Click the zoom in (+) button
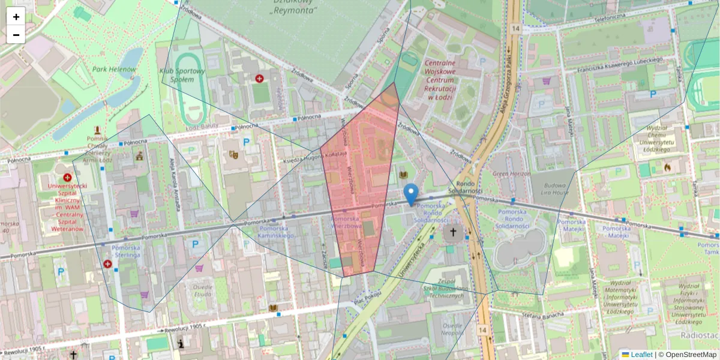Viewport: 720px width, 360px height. [16, 16]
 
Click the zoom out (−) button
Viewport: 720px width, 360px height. [16, 35]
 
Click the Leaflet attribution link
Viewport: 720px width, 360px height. [641, 355]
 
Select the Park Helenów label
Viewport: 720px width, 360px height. [114, 69]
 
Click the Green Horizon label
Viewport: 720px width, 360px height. [511, 174]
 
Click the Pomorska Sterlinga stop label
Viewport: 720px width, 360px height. [125, 251]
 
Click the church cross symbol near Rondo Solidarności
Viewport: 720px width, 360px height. [453, 232]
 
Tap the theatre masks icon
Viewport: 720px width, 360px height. [234, 154]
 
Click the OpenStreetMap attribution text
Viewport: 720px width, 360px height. [690, 355]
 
